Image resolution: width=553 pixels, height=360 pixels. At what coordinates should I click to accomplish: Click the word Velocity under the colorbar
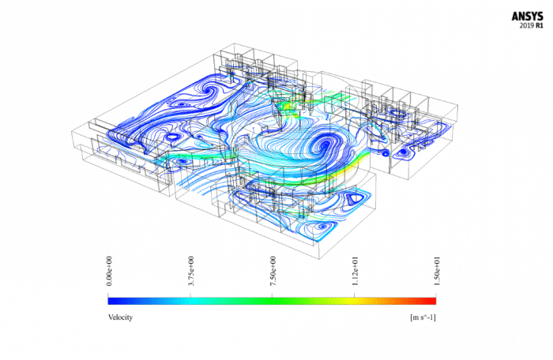pos(120,317)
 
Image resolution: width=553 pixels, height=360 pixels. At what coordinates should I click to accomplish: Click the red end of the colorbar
pos(431,300)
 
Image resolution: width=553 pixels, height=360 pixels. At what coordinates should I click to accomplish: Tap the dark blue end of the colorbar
pos(113,300)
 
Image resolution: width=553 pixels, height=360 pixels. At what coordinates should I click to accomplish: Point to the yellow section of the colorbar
pos(348,300)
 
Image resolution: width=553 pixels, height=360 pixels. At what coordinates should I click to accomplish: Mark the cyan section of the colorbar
pos(197,300)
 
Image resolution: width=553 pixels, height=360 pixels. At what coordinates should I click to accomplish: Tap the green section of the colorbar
pos(273,300)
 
